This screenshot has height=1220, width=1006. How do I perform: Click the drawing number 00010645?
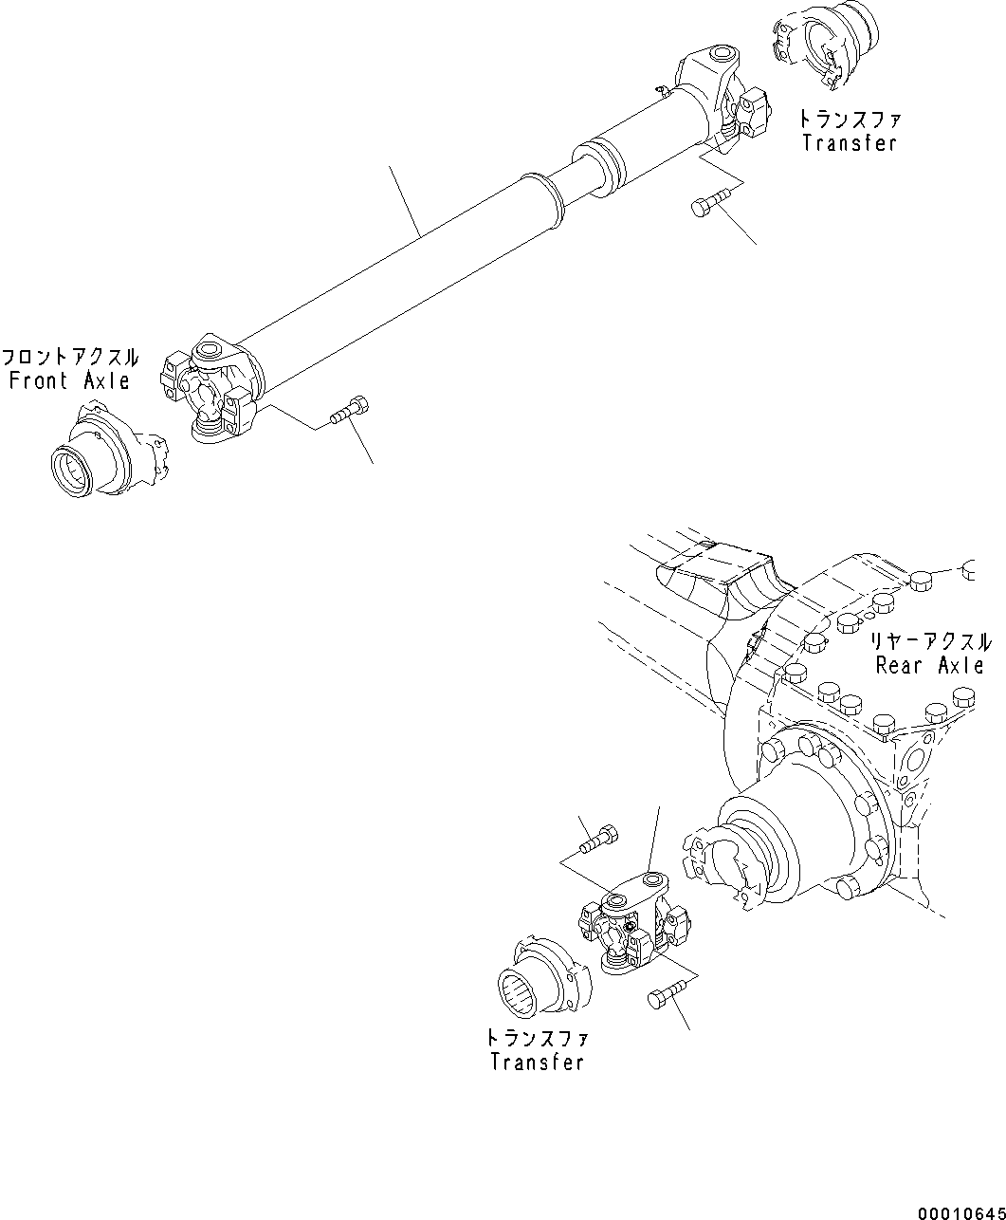pyautogui.click(x=959, y=1212)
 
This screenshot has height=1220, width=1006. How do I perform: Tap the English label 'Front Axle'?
pyautogui.click(x=69, y=381)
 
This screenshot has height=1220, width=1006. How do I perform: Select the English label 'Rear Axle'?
pyautogui.click(x=929, y=665)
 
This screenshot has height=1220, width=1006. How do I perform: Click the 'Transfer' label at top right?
pyautogui.click(x=849, y=143)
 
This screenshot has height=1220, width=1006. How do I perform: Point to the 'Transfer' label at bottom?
pyautogui.click(x=537, y=1062)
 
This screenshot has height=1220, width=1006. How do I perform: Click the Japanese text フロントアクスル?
pyautogui.click(x=69, y=359)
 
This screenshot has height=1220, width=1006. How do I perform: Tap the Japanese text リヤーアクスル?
pyautogui.click(x=930, y=642)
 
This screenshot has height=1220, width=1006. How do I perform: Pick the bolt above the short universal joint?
pyautogui.click(x=597, y=838)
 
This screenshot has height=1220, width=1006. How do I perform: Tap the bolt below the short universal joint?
pyautogui.click(x=665, y=995)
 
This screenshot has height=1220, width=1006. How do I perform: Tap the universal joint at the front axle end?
pyautogui.click(x=213, y=391)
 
